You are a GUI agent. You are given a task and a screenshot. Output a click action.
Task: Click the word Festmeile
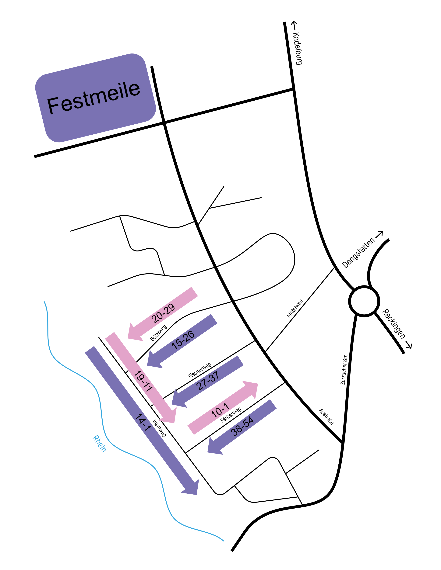pos(93,98)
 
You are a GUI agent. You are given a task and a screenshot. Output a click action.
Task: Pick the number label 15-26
pos(183,340)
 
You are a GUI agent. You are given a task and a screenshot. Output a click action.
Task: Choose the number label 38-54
pos(242,427)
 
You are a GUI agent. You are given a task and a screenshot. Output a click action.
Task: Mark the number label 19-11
pos(143,381)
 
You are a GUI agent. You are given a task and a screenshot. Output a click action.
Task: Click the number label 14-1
pos(143,423)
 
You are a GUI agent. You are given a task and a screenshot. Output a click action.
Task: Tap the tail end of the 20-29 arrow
pos(195,292)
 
